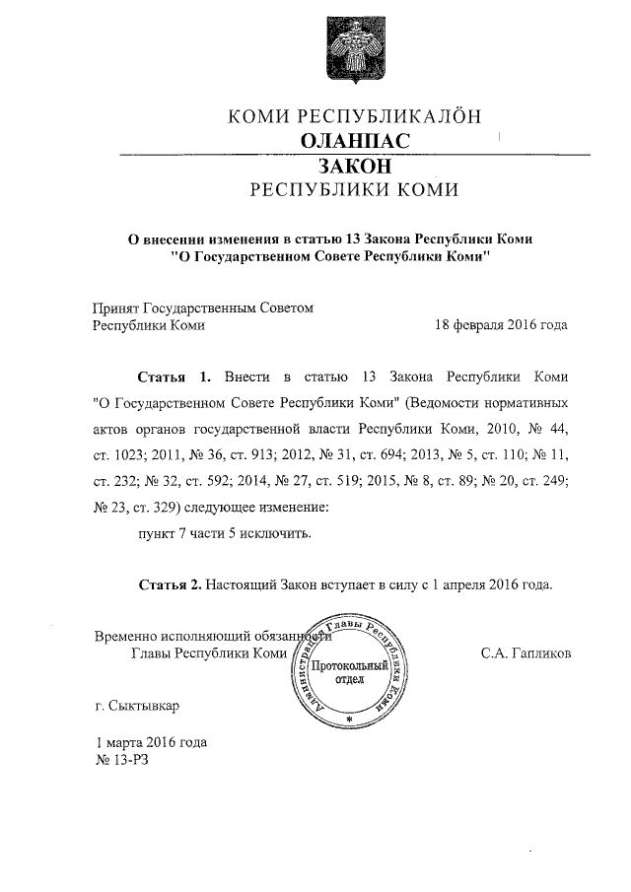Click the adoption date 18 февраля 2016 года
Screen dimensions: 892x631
(501, 325)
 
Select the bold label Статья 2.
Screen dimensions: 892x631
(170, 584)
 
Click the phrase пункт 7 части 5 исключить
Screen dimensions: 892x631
(224, 533)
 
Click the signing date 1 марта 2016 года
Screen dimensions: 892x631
(151, 742)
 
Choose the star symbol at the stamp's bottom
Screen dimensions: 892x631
(348, 720)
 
